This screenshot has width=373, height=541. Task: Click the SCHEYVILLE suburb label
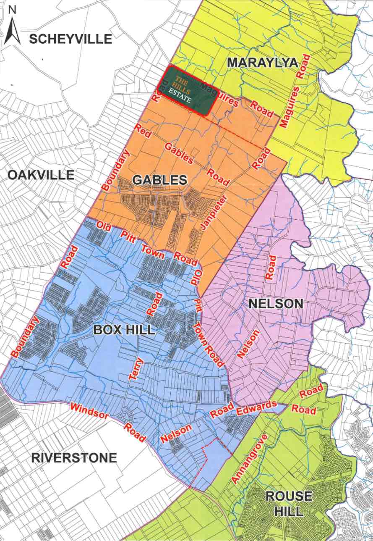coord(70,39)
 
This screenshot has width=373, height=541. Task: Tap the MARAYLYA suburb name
coord(262,63)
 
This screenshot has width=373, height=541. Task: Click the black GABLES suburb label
coord(159,180)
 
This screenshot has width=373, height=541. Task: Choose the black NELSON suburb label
coord(276,303)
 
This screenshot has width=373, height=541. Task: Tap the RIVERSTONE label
coord(74,458)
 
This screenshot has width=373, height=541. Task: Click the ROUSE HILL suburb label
coord(290,503)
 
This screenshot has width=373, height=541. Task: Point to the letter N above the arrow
coord(12,11)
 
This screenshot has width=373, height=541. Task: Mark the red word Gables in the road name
coord(179,154)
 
